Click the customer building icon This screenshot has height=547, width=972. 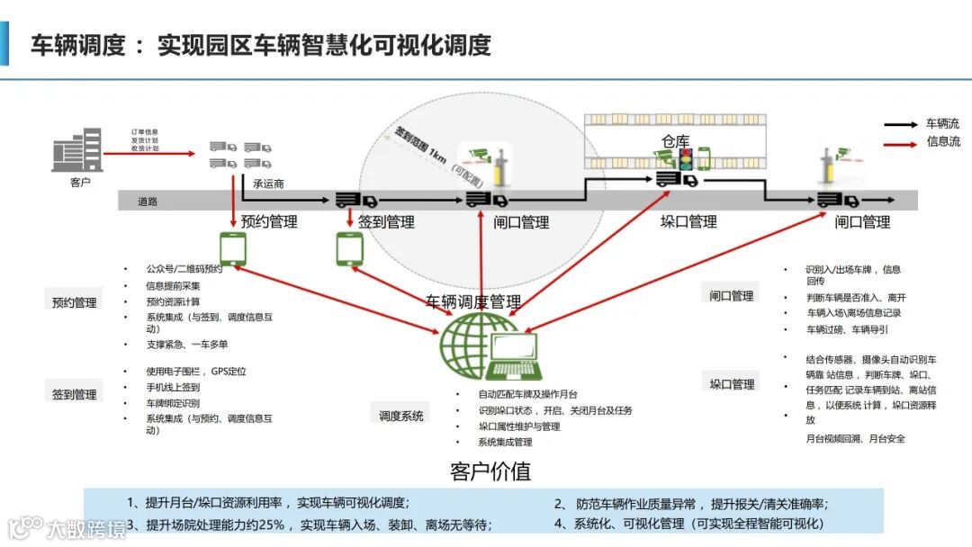pos(77,150)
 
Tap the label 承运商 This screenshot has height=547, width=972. pos(268,184)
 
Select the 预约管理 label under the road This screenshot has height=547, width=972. pos(269,221)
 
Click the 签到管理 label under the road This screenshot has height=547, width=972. pos(386,221)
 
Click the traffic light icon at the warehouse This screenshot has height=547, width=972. pos(687,160)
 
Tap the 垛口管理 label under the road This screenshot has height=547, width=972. pos(689,221)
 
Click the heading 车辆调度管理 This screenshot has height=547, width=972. pos(473,301)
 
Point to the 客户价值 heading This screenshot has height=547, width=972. pos(490,471)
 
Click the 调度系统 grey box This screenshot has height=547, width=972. pos(401,416)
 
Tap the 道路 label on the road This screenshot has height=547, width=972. pos(148,202)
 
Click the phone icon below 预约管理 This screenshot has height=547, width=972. pos(233,248)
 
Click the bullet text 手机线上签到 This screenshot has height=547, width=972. pos(173,387)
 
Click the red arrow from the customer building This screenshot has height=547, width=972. pos(148,153)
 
